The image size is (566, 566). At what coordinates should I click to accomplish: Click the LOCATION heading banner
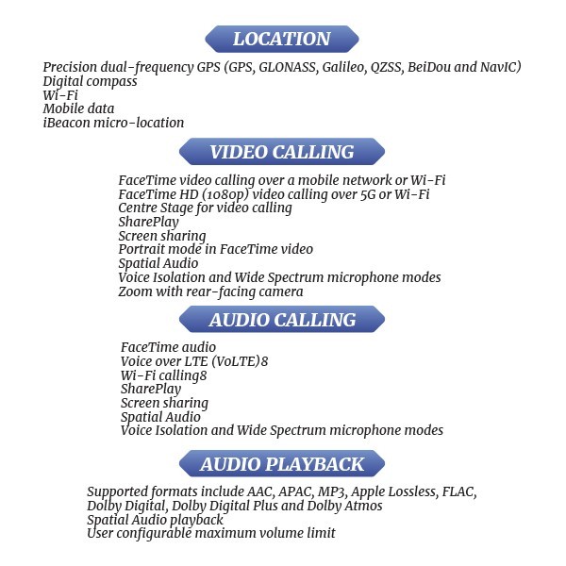point(282,39)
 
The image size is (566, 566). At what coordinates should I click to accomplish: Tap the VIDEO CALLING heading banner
point(282,152)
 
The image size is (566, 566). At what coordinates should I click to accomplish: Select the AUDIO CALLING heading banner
point(282,320)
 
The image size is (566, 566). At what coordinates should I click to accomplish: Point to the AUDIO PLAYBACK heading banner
point(282,464)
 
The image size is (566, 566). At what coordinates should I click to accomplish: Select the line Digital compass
point(90,82)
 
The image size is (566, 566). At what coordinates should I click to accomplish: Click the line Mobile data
point(78,108)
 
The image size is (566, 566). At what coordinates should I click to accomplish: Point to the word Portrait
point(141,249)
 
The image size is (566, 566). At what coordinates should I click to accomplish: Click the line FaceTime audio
point(168,347)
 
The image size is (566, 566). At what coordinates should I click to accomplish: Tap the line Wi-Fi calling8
point(164,375)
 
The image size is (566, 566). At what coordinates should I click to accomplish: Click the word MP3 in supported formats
point(332,491)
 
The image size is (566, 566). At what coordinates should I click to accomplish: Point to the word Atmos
point(363,506)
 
